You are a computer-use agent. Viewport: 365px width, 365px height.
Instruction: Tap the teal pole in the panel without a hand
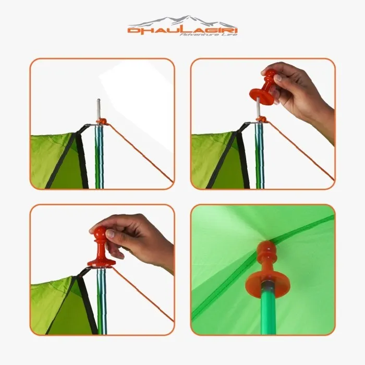point(99,156)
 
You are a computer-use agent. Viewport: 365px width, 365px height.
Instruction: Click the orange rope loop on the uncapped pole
point(103,121)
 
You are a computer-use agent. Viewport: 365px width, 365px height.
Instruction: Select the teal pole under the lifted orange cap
point(259,156)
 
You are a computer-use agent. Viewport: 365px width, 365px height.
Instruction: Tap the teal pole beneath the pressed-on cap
point(102,302)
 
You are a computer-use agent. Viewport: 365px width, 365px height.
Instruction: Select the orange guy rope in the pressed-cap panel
point(141,300)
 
